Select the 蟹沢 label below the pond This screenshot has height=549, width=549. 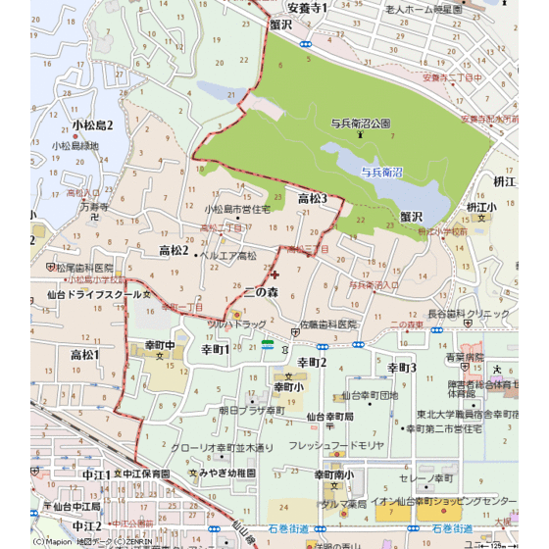click(x=410, y=216)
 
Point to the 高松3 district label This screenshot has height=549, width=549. click(x=312, y=199)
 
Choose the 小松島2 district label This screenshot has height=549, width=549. click(x=92, y=125)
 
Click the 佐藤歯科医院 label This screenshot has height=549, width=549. click(x=327, y=324)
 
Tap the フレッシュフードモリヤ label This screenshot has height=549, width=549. click(x=337, y=446)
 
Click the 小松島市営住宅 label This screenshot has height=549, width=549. click(x=236, y=209)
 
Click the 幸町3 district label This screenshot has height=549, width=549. click(x=402, y=367)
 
